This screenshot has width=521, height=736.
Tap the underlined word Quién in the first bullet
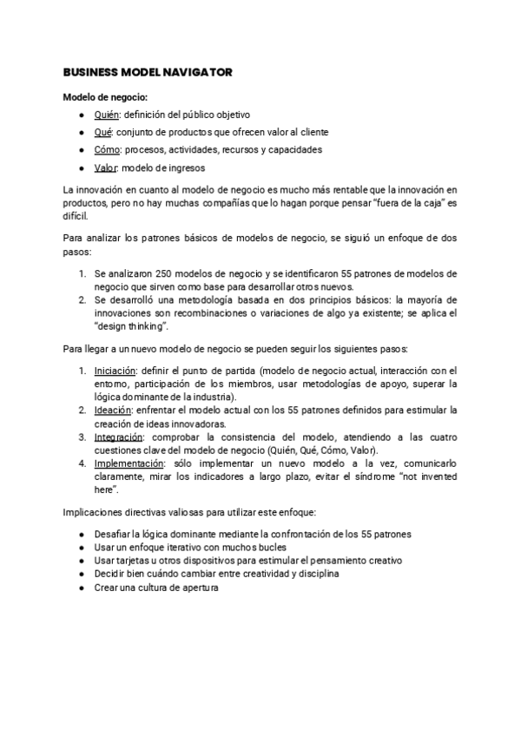tap(106, 115)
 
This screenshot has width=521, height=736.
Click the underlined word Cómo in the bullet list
tap(106, 149)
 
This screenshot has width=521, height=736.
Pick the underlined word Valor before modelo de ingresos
tap(106, 168)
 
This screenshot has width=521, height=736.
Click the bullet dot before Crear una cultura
tap(81, 588)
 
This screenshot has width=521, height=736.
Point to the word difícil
tap(77, 215)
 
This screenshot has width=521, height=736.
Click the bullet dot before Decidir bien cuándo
tap(81, 575)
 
